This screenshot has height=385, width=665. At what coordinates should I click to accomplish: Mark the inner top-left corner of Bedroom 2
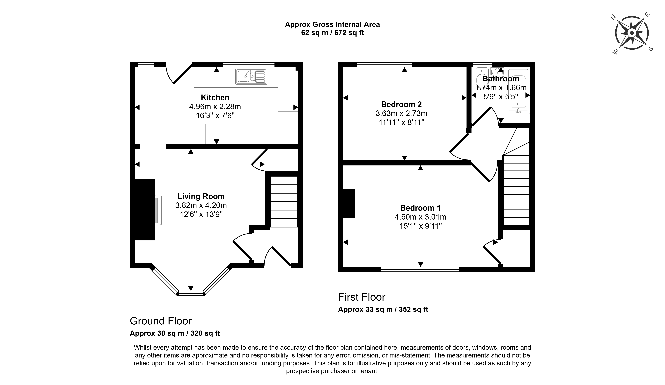tap(343, 67)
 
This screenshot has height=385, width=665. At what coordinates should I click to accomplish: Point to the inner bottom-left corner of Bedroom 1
tap(343, 267)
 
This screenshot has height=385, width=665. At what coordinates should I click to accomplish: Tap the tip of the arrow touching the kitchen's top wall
tap(216, 68)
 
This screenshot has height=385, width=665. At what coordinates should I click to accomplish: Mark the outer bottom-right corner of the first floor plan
tap(535, 271)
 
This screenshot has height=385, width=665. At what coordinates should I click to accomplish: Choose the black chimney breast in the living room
tap(145, 210)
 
